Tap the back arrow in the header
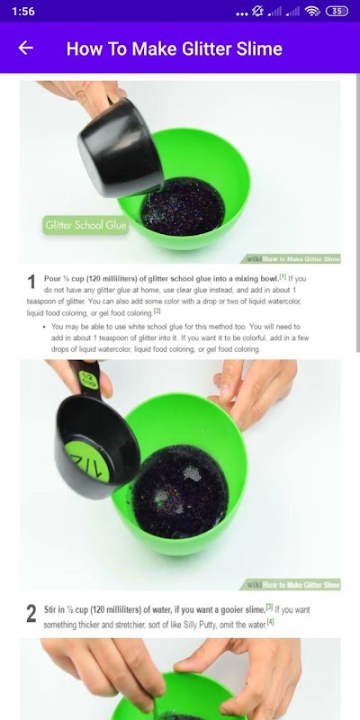[26, 48]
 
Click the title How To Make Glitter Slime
[174, 49]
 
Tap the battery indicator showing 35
[337, 11]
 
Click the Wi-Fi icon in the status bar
[312, 11]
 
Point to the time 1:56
[23, 12]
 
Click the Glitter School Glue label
[85, 225]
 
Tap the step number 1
[31, 282]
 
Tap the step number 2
[31, 614]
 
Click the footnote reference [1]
[283, 276]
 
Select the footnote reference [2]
[157, 310]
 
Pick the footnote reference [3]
[269, 607]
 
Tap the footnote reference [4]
[271, 623]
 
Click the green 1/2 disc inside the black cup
[87, 461]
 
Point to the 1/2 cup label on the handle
[86, 379]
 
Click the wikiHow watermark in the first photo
[290, 259]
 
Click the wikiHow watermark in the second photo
[290, 584]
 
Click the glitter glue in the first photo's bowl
[183, 206]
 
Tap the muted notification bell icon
[258, 11]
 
